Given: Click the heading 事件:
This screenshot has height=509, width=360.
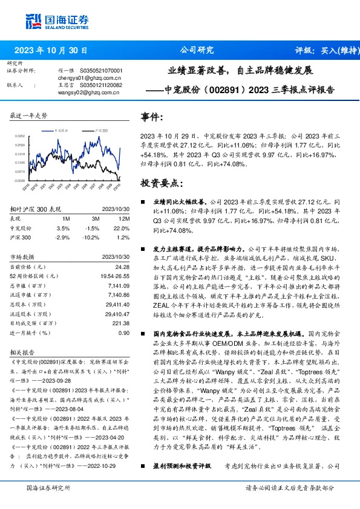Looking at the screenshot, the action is tap(152, 117).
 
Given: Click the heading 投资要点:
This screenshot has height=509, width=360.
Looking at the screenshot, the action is tap(161, 183).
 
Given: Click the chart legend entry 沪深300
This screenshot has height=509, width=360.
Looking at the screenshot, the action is tap(102, 130).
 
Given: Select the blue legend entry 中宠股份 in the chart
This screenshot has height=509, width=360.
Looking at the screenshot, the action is tap(63, 130).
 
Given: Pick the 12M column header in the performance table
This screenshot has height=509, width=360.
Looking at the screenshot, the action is tap(125, 218).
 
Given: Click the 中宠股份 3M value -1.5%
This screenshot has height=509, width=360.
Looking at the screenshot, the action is tap(92, 227).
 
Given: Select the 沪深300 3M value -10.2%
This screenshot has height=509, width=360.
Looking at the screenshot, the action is tap(91, 237).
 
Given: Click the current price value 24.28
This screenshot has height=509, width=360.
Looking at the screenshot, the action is tap(122, 267).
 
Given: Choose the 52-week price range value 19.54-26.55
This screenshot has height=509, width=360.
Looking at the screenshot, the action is tap(115, 276).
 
